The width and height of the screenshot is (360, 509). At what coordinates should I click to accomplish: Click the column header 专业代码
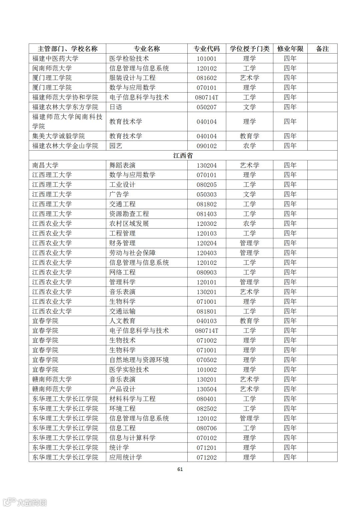pyautogui.click(x=207, y=49)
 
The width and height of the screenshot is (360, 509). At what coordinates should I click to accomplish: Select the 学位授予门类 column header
pyautogui.click(x=249, y=49)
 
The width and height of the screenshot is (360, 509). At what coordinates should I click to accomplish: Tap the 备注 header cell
pyautogui.click(x=322, y=49)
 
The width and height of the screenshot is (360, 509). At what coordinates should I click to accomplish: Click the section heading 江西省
pyautogui.click(x=183, y=156)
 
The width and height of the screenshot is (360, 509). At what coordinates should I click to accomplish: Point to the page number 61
pyautogui.click(x=180, y=469)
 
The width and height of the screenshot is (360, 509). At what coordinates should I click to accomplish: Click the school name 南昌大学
pyautogui.click(x=45, y=165)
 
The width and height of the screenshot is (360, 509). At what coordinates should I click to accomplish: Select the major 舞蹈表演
pyautogui.click(x=122, y=165)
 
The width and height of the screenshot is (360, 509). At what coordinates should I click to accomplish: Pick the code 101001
pyautogui.click(x=207, y=59)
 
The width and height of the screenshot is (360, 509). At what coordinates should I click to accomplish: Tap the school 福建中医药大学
pyautogui.click(x=55, y=59)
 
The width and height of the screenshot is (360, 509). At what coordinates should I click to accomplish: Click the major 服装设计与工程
pyautogui.click(x=132, y=78)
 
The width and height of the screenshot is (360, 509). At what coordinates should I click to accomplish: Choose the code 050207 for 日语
pyautogui.click(x=207, y=107)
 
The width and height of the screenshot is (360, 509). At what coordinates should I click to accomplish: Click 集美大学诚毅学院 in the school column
pyautogui.click(x=59, y=136)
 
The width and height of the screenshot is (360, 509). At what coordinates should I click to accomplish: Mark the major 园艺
pyautogui.click(x=116, y=146)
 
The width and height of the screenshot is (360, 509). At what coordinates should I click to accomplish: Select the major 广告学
pyautogui.click(x=119, y=194)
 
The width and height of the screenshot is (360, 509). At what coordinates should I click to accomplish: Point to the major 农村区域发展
pyautogui.click(x=129, y=224)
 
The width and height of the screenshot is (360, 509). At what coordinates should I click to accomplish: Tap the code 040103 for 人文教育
pyautogui.click(x=207, y=321)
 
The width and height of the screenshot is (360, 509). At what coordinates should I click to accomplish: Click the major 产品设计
pyautogui.click(x=122, y=389)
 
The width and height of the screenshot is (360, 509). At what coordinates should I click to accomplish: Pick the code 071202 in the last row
pyautogui.click(x=207, y=457)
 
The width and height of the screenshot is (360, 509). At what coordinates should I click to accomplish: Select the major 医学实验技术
pyautogui.click(x=129, y=370)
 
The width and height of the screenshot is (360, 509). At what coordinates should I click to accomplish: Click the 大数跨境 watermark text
pyautogui.click(x=32, y=502)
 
